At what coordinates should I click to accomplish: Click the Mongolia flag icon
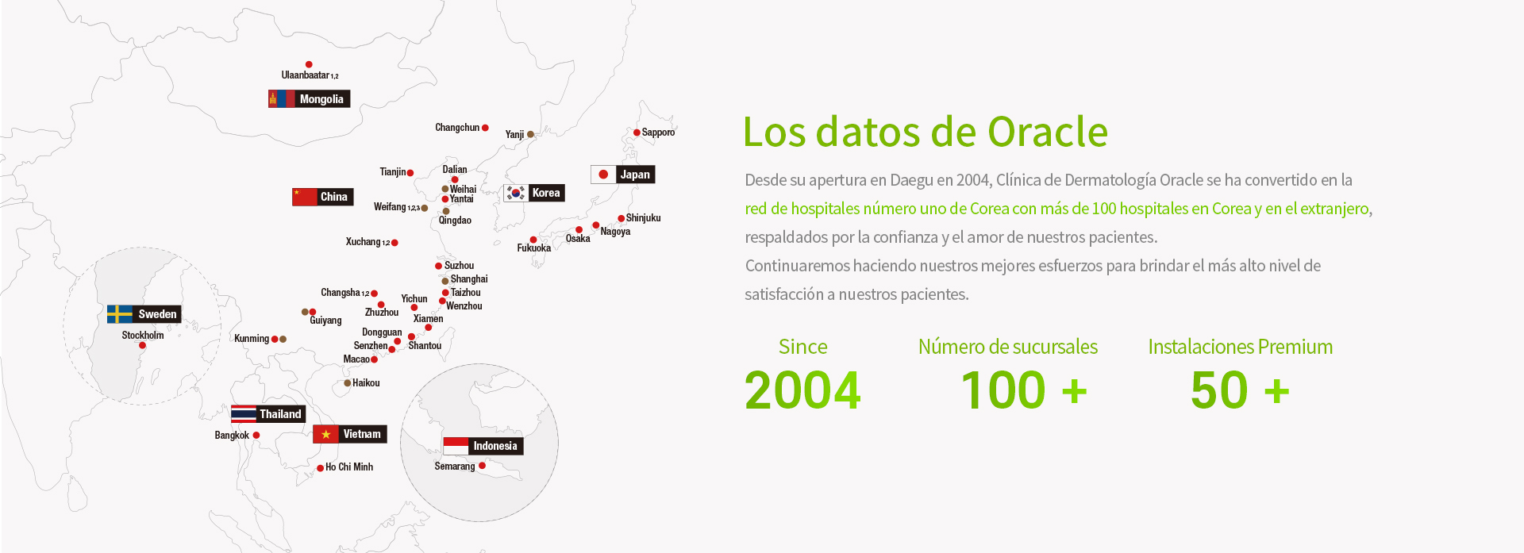(x=282, y=99)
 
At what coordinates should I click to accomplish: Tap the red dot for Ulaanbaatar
(x=309, y=64)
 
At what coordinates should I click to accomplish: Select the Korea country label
(x=546, y=193)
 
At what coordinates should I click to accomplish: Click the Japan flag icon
(x=603, y=175)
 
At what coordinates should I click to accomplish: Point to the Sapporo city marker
(x=637, y=132)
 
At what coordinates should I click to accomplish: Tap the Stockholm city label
(x=143, y=335)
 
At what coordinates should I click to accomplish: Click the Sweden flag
(x=120, y=314)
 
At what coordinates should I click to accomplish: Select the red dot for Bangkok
(x=256, y=435)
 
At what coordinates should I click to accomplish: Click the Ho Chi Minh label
(x=349, y=467)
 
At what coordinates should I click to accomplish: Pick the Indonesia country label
(x=495, y=446)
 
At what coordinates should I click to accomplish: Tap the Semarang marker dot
(x=482, y=466)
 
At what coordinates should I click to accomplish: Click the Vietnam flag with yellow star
(x=325, y=434)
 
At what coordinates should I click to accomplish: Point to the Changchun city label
(x=457, y=128)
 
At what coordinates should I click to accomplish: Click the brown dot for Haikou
(x=348, y=383)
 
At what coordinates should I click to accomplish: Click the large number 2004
(x=802, y=390)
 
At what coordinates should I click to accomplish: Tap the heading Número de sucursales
(x=1008, y=347)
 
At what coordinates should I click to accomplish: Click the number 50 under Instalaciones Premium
(x=1220, y=390)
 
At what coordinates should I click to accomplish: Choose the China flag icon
(x=305, y=197)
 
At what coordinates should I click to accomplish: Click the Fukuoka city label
(x=534, y=248)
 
